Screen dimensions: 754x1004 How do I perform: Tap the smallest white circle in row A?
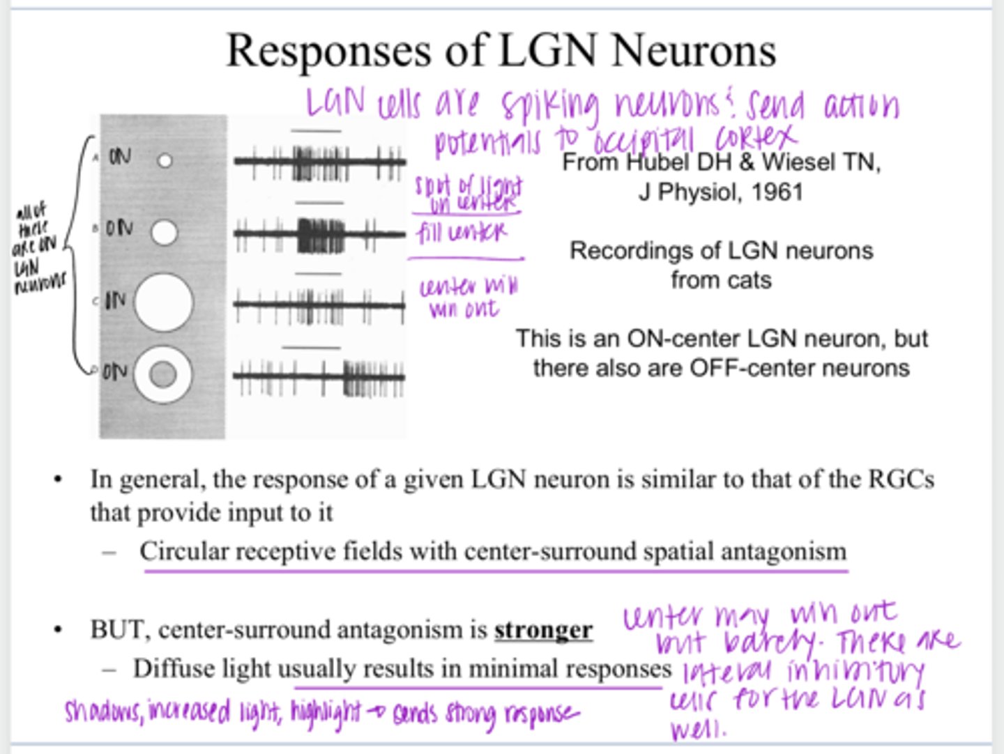pos(165,161)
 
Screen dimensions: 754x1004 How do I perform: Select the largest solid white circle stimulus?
pos(163,302)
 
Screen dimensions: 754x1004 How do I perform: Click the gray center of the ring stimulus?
pos(163,376)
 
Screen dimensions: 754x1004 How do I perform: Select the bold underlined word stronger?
pos(543,630)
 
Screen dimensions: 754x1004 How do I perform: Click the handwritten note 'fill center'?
pos(462,233)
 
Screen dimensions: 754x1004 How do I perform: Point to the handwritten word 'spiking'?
pos(549,107)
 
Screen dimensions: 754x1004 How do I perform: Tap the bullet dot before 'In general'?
pos(59,480)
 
